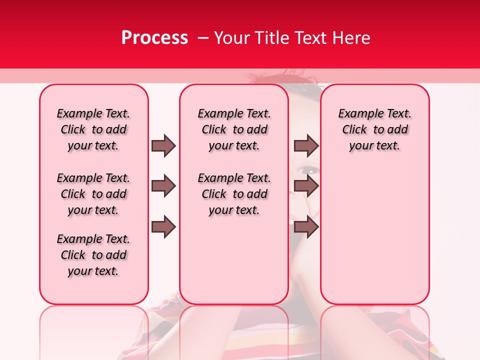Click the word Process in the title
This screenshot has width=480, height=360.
coord(154,38)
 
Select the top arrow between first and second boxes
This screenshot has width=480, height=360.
coord(163,145)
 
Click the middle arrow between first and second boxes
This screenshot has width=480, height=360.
coord(163,186)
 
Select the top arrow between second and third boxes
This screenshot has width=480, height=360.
coord(306,145)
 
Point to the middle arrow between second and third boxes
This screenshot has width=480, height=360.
coord(306,186)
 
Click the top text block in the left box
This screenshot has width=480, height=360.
coord(93,129)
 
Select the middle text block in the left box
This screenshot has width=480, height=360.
coord(93,194)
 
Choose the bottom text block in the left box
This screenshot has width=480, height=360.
coord(93,255)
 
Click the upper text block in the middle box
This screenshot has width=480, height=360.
coord(234,129)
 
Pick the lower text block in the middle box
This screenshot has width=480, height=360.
coord(234,194)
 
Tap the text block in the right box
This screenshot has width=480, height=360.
coord(374,129)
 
